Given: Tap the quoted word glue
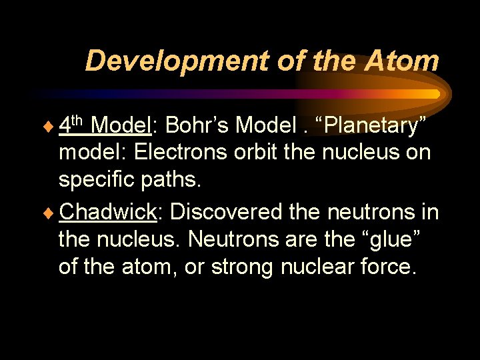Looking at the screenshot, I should coord(391,239).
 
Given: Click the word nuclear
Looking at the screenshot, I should coord(324,267).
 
